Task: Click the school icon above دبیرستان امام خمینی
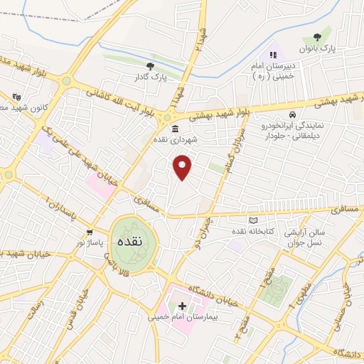(272, 54)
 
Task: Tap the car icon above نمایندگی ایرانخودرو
(291, 114)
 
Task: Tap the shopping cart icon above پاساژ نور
(90, 232)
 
